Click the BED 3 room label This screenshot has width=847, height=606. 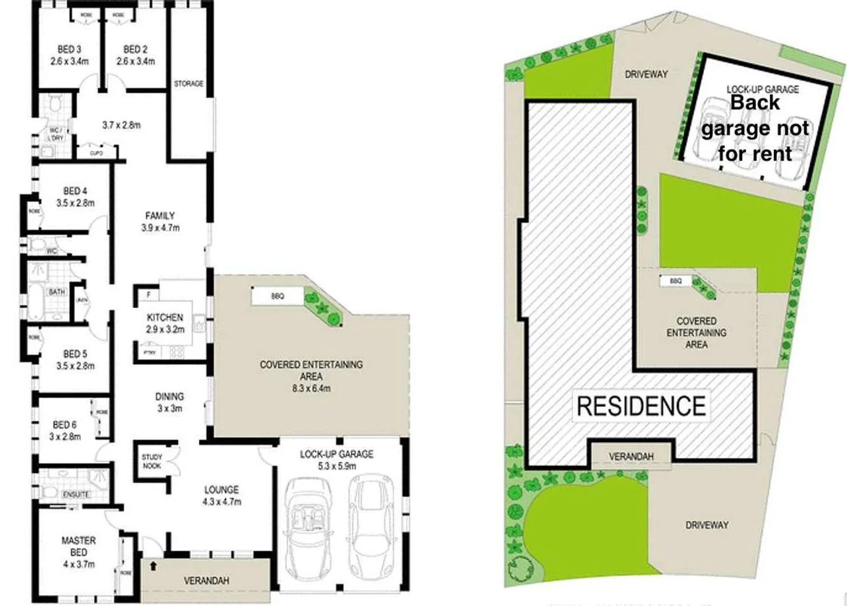(69, 49)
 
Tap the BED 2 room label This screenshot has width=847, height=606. (135, 49)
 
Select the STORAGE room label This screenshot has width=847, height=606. (188, 84)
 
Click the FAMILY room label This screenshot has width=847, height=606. (160, 215)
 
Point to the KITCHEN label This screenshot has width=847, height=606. (165, 318)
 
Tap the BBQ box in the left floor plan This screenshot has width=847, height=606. (277, 296)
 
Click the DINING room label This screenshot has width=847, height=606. (169, 397)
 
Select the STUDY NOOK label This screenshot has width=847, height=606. (151, 461)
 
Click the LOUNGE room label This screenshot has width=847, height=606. (222, 490)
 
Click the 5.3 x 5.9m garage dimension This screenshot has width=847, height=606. (337, 466)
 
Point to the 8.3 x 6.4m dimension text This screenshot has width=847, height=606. (311, 388)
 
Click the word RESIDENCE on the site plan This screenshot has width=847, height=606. (641, 406)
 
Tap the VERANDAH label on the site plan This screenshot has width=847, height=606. (631, 457)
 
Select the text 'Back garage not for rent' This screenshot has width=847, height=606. (755, 128)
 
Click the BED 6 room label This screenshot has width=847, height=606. (65, 425)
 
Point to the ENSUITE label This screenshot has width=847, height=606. (76, 494)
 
